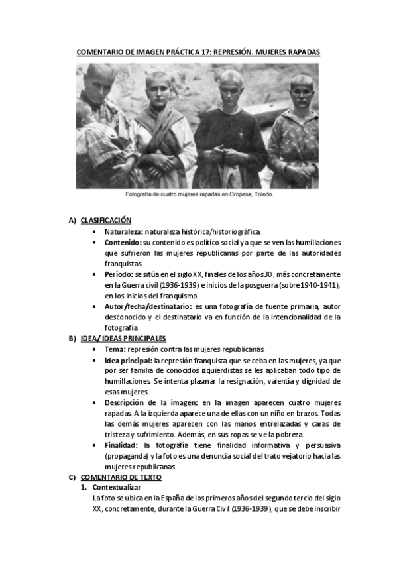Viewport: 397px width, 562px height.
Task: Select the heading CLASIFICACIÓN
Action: [106, 221]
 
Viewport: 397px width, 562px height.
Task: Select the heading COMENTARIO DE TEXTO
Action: [121, 477]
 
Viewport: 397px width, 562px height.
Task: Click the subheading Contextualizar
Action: [117, 487]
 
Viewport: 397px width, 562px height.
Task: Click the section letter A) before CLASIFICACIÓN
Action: [72, 221]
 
